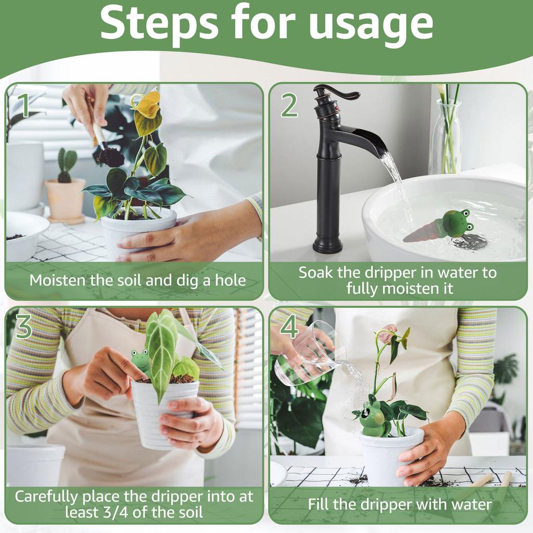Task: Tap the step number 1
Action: click(x=23, y=105)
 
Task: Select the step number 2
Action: click(x=289, y=105)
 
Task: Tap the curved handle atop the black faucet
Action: click(x=338, y=95)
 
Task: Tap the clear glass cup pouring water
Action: click(x=307, y=354)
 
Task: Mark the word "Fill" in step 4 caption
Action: click(x=319, y=504)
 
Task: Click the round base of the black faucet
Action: click(x=328, y=245)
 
